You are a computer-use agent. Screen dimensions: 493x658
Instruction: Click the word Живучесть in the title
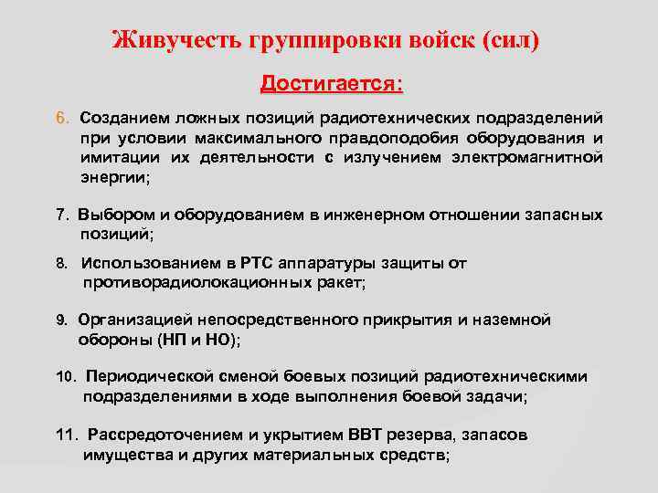pos(174,41)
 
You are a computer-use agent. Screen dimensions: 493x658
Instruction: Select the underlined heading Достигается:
pos(332,84)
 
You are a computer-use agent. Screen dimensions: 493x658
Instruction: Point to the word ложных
pos(189,119)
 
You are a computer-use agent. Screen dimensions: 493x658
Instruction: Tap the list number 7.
pos(61,215)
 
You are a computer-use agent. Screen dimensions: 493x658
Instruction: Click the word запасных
pos(563,215)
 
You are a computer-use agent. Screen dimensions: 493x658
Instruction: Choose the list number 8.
pos(61,264)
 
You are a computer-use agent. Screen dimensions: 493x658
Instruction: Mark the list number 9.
pos(61,320)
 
